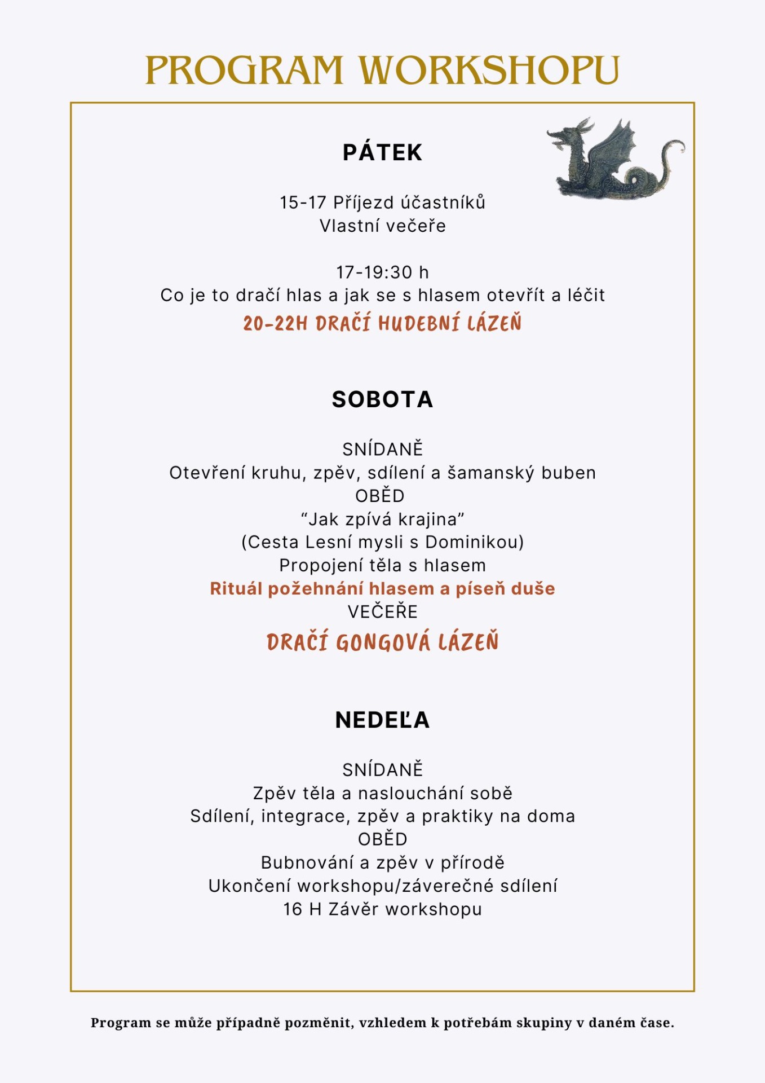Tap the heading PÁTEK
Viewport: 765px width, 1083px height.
coord(382,153)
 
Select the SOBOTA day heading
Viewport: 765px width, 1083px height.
coord(382,399)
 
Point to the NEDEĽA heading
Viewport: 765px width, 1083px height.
coord(382,720)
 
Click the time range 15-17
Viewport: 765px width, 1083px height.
coord(303,202)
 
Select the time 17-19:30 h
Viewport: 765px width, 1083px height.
coord(382,272)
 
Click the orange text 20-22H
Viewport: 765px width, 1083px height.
coord(275,324)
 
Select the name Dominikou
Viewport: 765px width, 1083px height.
coord(474,542)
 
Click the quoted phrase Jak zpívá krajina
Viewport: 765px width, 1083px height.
coord(382,519)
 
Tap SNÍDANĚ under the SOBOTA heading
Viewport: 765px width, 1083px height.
coord(382,450)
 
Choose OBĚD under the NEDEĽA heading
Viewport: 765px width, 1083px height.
coord(382,839)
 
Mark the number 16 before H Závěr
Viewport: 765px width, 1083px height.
coord(293,909)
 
